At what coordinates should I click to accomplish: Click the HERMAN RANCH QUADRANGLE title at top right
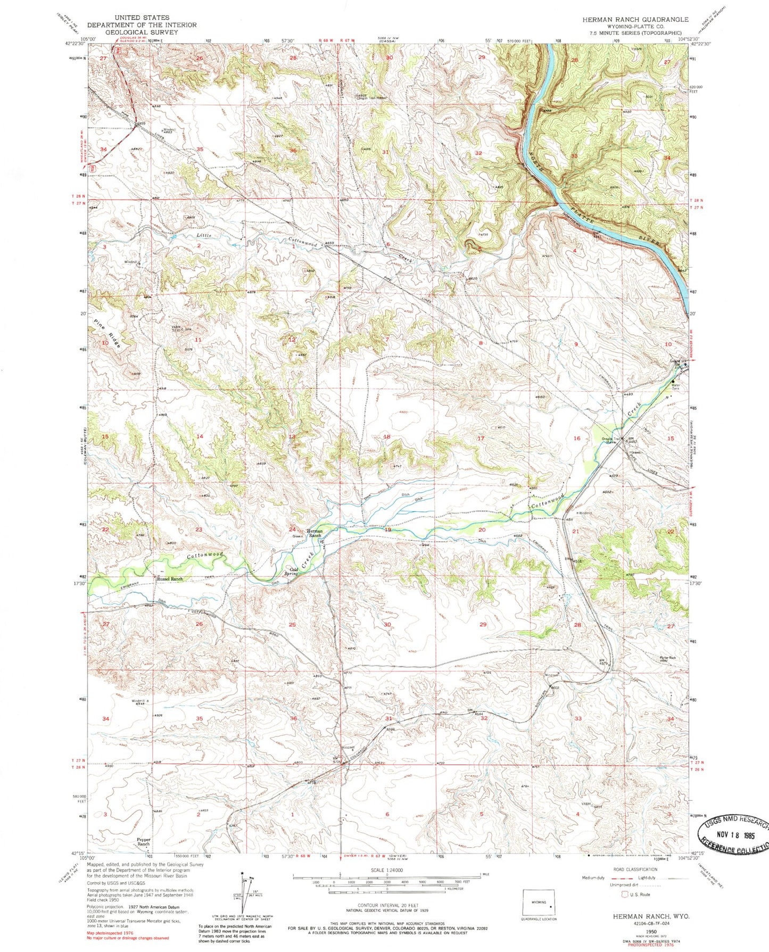tap(635, 19)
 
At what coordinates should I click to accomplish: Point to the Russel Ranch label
tap(169, 579)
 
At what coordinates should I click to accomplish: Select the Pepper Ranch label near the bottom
tap(144, 842)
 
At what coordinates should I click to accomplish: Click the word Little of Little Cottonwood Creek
tap(204, 235)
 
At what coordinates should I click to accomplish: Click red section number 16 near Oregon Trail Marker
tap(576, 438)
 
